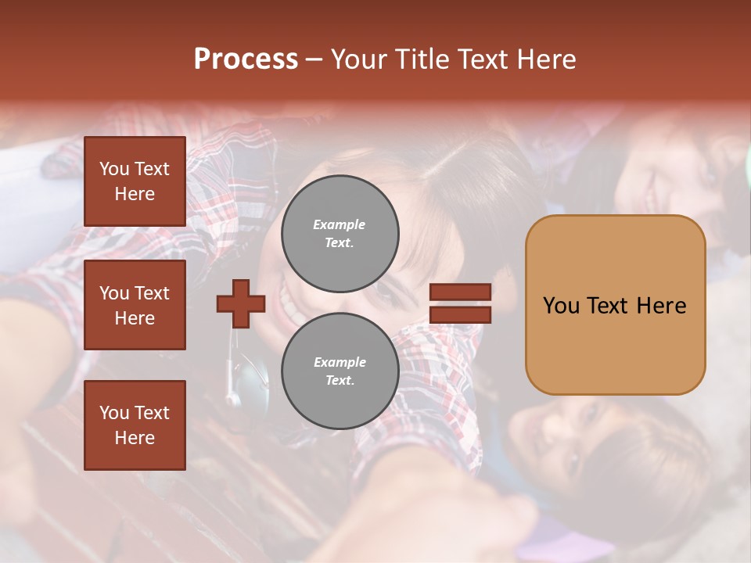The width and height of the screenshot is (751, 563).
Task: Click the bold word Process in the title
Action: (246, 59)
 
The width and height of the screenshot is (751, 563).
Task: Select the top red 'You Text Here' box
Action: (135, 181)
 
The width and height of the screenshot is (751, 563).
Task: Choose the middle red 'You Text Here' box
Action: (135, 305)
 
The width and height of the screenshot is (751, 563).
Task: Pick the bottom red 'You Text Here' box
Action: (135, 425)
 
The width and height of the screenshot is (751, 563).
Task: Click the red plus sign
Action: (241, 303)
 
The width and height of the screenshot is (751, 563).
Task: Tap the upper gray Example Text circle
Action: (340, 233)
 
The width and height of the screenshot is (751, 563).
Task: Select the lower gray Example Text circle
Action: (340, 371)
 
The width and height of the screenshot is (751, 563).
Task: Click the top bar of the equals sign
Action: (461, 292)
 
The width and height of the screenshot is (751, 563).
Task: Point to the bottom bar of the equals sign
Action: (461, 314)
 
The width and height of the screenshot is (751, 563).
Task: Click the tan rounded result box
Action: (615, 305)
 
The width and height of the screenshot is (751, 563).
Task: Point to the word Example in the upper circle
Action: (340, 224)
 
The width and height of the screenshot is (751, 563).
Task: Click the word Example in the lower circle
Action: (340, 362)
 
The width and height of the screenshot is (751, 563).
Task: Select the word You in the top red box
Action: (114, 169)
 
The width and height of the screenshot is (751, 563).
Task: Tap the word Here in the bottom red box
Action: (135, 438)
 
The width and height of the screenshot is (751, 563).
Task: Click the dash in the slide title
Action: (314, 59)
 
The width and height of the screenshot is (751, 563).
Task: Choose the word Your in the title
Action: (361, 59)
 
